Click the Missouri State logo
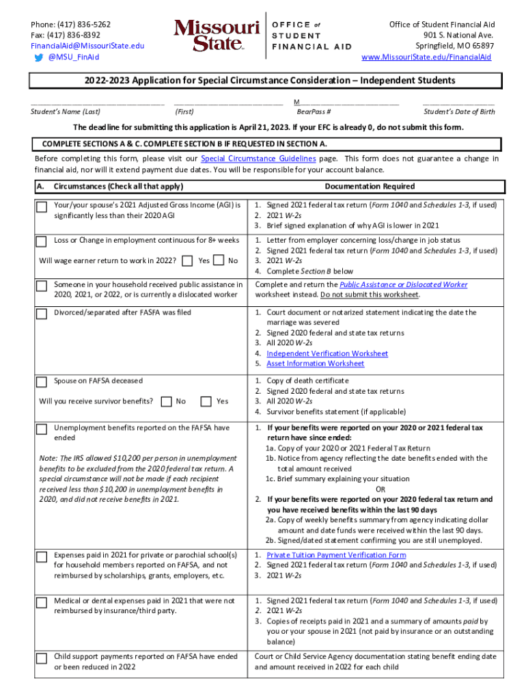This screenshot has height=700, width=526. coord(217,36)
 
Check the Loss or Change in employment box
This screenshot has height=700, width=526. coord(42,241)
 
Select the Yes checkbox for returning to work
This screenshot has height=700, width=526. coord(189,260)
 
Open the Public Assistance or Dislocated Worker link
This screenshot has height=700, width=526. coord(403,284)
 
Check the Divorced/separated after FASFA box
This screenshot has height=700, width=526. coord(42,314)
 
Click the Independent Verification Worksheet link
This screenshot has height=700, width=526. coord(327,353)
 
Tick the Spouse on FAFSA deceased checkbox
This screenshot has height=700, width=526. coord(42,381)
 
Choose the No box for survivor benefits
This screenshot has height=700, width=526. coord(166,401)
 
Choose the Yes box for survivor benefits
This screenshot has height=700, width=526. coord(206,401)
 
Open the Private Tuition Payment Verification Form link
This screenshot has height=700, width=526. coord(335,555)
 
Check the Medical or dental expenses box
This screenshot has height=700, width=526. coord(42,602)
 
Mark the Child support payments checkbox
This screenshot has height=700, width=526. coord(42,658)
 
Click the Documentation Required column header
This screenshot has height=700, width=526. coord(370,187)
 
